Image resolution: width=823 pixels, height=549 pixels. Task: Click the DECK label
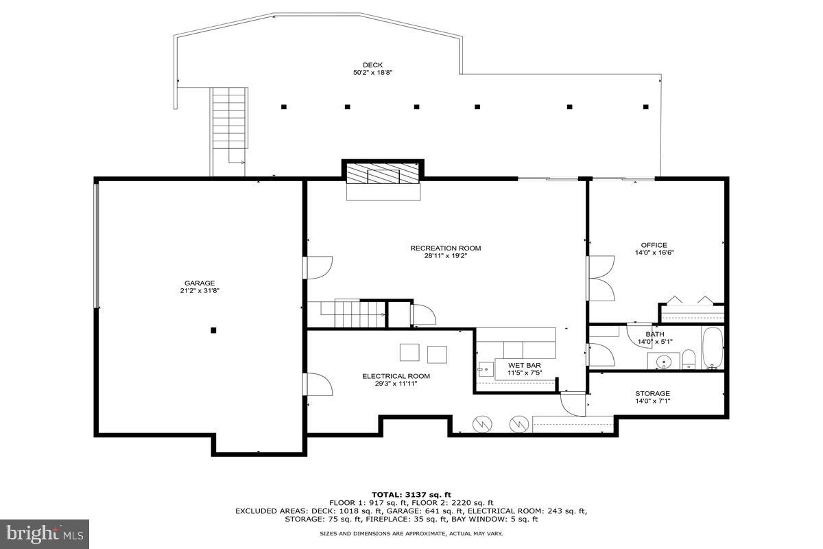[x=372, y=65]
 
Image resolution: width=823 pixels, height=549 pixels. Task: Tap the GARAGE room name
[x=200, y=283]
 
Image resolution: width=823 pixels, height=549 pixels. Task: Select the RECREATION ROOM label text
[x=445, y=248]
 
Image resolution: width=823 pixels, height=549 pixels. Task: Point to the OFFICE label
[x=654, y=245]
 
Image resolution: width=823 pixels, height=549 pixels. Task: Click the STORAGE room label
[x=652, y=393]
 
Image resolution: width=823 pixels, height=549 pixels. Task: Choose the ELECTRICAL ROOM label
[x=396, y=376]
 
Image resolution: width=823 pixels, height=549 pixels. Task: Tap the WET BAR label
[x=525, y=365]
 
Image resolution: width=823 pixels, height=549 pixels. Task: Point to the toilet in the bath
[x=689, y=359]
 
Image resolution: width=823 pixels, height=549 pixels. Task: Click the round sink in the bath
[x=663, y=360]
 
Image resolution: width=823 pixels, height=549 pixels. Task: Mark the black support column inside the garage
[x=213, y=330]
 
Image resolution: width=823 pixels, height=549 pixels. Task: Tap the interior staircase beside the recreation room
[x=346, y=314]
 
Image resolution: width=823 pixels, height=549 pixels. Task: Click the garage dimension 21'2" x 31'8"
[x=200, y=291]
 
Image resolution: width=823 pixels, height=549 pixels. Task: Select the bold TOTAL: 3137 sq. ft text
[x=411, y=494]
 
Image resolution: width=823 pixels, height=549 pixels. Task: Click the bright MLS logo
[x=45, y=533]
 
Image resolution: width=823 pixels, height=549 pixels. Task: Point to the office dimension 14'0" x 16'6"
[x=654, y=253]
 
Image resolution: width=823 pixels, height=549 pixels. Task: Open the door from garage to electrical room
[x=318, y=384]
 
